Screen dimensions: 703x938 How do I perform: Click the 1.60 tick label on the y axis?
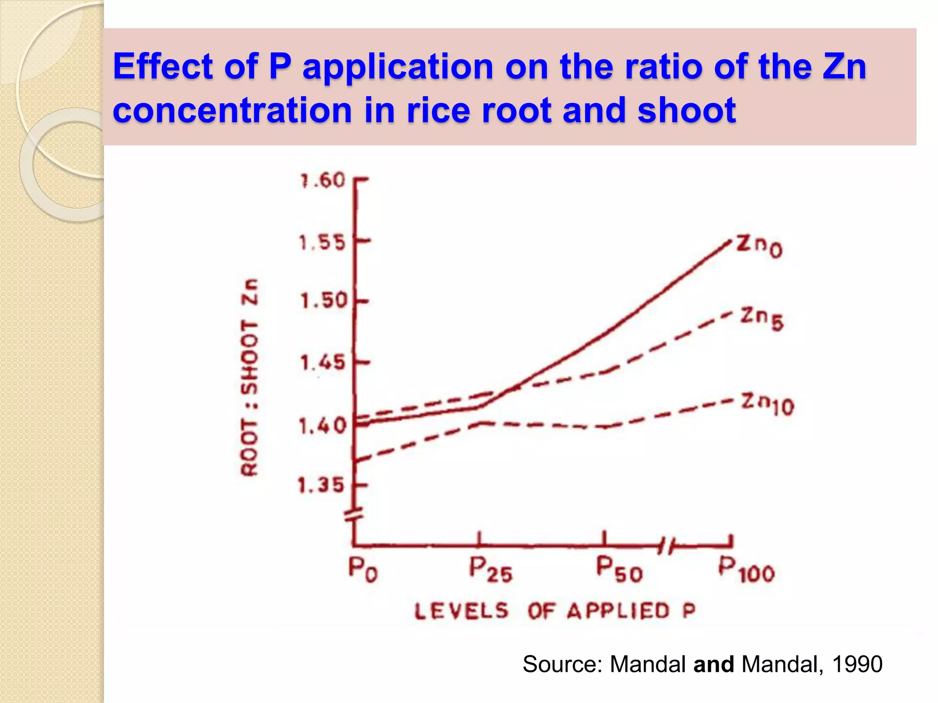(322, 181)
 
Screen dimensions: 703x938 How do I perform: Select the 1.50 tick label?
(323, 301)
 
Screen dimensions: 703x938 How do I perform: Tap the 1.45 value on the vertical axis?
(322, 363)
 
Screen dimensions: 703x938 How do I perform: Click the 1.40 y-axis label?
(322, 426)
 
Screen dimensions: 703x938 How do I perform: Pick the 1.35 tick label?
(321, 485)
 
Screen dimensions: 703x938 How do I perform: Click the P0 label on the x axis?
(363, 570)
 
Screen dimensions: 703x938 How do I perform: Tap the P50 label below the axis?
(619, 570)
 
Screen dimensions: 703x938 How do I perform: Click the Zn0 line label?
(759, 247)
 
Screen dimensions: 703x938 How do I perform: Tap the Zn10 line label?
(768, 404)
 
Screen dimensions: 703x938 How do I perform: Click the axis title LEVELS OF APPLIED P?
(555, 611)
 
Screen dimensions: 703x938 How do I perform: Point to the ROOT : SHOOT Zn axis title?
(250, 378)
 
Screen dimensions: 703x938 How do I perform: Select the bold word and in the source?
(714, 665)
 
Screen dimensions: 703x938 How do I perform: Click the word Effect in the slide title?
(163, 67)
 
